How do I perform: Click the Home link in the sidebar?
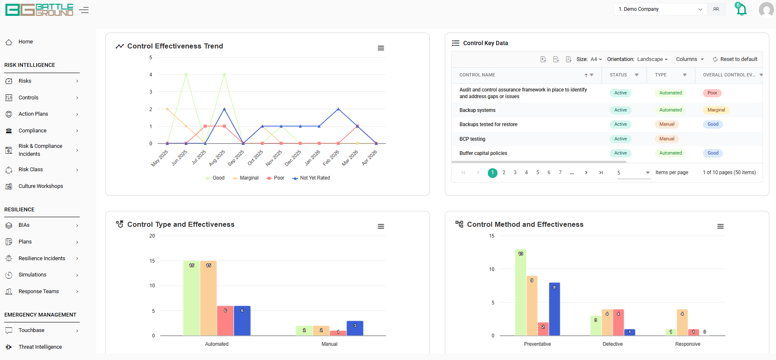(x=25, y=42)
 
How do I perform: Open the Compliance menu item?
(x=33, y=131)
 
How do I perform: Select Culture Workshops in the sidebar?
(x=41, y=186)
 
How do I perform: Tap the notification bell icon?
(x=741, y=9)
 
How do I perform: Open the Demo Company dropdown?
(x=660, y=9)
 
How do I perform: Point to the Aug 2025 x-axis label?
(x=217, y=158)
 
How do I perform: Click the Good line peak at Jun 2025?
(x=186, y=75)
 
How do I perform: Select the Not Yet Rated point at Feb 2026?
(x=338, y=109)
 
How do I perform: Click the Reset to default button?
(x=735, y=59)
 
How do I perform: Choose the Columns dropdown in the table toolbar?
(x=690, y=59)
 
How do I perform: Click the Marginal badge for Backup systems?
(x=716, y=110)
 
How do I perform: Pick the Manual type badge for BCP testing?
(x=667, y=139)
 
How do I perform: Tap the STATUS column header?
(x=618, y=75)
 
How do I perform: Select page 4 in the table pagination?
(x=526, y=172)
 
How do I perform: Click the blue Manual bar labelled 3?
(x=355, y=328)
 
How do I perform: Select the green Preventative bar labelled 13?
(x=520, y=292)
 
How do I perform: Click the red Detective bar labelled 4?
(x=618, y=322)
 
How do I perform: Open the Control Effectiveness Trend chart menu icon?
(x=381, y=48)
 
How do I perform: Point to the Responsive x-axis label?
(x=688, y=344)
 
